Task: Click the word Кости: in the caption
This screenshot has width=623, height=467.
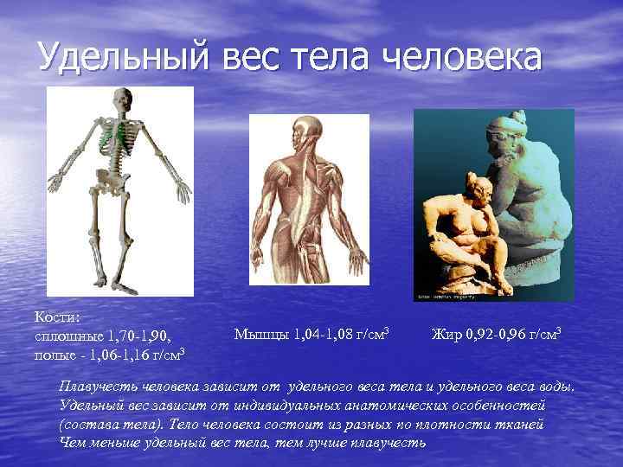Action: (55, 317)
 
